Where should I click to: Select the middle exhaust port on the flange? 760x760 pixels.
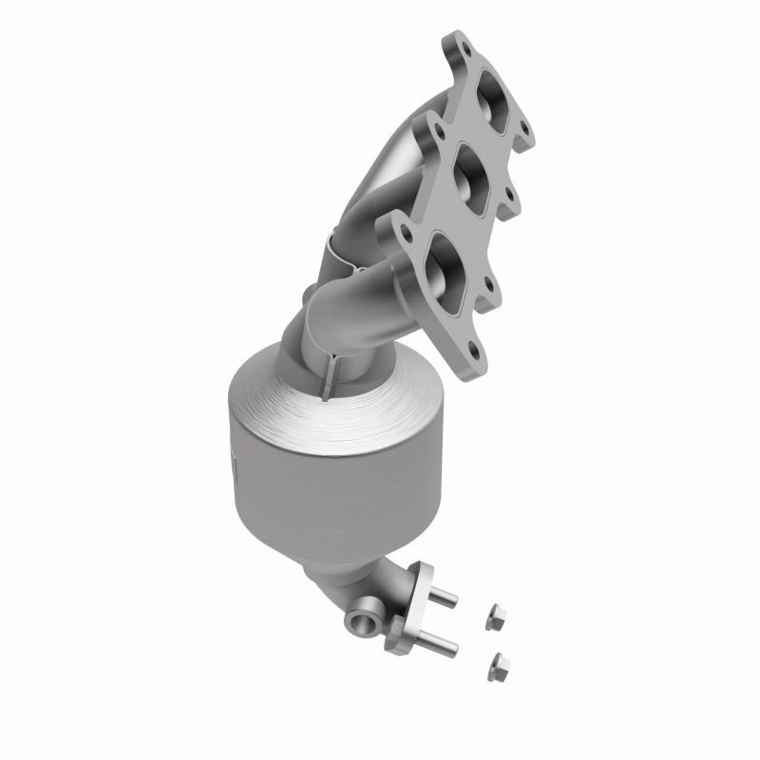[x=468, y=171]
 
